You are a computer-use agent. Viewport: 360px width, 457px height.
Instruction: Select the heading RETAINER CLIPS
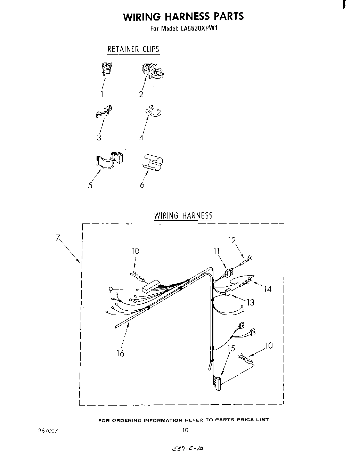tap(133, 49)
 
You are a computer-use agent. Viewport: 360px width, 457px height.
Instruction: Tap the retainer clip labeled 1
tap(107, 68)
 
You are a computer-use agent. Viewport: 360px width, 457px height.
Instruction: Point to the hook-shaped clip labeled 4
tap(153, 111)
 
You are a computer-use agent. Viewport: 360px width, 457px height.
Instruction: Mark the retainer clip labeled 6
tap(153, 162)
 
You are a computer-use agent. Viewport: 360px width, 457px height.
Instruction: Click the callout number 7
tap(58, 238)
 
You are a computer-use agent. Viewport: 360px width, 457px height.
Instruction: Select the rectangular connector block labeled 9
tap(150, 287)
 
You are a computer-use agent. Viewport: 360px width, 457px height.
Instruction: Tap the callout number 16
tap(120, 353)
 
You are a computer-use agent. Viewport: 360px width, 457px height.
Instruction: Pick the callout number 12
tap(232, 240)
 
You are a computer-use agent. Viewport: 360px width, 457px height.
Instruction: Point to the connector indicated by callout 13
tap(228, 292)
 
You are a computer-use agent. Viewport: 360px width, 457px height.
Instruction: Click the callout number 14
tap(268, 288)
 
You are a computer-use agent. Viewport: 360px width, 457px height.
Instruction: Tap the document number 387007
tap(47, 430)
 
